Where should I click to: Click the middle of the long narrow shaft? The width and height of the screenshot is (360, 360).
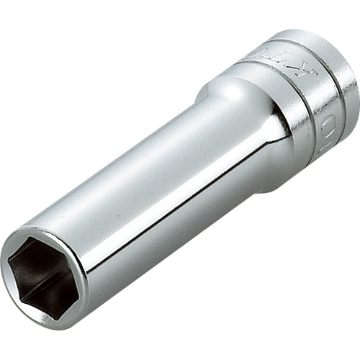coord(144,187)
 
